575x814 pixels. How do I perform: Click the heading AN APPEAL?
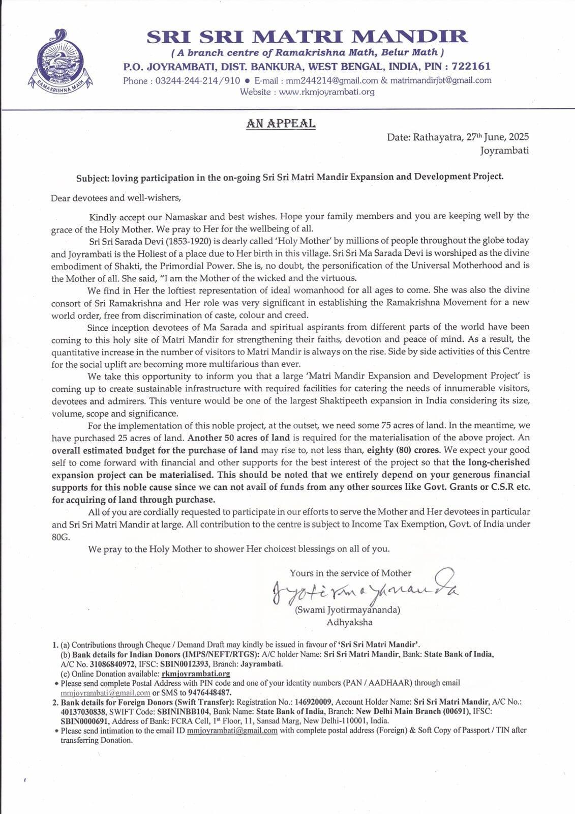point(281,123)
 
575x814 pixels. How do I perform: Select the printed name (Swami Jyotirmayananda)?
point(348,609)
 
